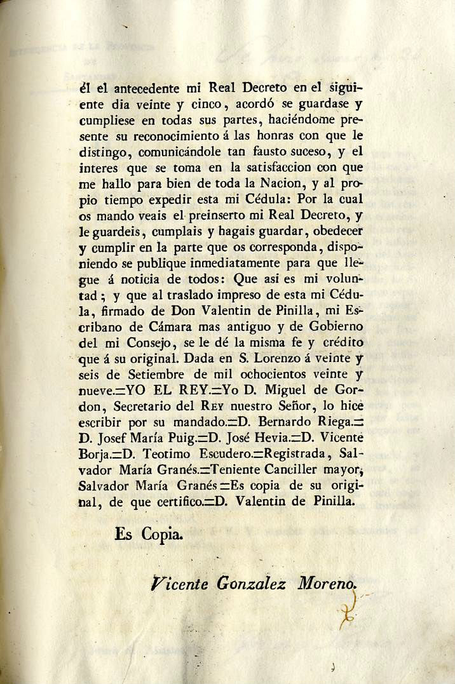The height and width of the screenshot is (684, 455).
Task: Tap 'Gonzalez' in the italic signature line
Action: coord(242,583)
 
